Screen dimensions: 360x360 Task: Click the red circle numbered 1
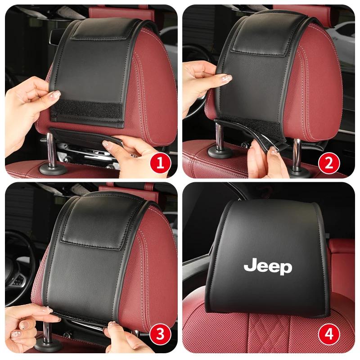click(x=161, y=163)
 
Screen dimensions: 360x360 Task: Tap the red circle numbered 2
click(x=329, y=163)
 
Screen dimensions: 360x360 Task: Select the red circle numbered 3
click(x=161, y=334)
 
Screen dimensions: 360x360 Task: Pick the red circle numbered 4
click(x=329, y=334)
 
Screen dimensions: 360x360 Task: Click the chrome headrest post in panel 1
click(x=51, y=149)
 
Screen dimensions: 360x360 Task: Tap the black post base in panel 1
click(x=53, y=170)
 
